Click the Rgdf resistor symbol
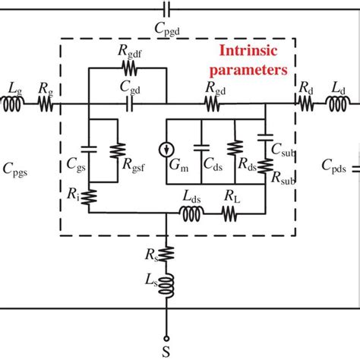pos(128,68)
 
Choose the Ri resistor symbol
pos(89,197)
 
